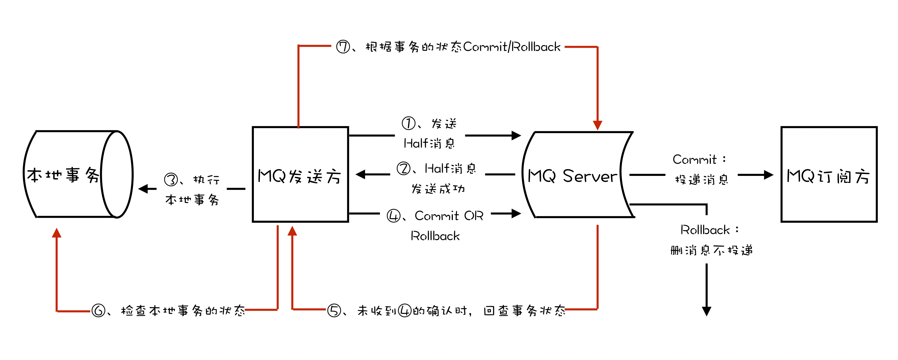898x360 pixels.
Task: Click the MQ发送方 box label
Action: pyautogui.click(x=299, y=176)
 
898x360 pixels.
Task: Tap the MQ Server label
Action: pyautogui.click(x=572, y=176)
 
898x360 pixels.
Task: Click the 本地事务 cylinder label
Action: pyautogui.click(x=63, y=175)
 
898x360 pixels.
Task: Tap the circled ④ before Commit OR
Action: pyautogui.click(x=394, y=216)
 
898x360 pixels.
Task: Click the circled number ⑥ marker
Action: pyautogui.click(x=98, y=310)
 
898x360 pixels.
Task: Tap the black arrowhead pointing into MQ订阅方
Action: pyautogui.click(x=768, y=175)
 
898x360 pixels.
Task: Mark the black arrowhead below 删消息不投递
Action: pyautogui.click(x=707, y=311)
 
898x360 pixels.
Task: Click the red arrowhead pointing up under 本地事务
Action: pyautogui.click(x=57, y=233)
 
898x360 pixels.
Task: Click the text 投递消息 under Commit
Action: pyautogui.click(x=702, y=180)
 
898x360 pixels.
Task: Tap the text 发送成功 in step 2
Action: pyautogui.click(x=438, y=189)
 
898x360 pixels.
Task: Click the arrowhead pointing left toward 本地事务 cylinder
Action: pyautogui.click(x=143, y=189)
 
